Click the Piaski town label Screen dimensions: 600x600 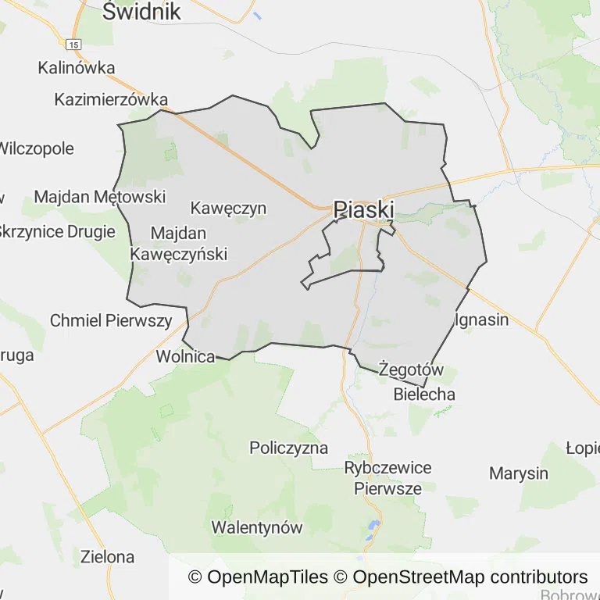tap(363, 209)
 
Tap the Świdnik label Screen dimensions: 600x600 tap(141, 12)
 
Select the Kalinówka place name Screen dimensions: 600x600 tap(77, 68)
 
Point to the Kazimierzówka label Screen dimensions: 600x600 tap(111, 100)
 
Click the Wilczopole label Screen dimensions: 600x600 tap(37, 148)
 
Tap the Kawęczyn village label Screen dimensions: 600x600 tap(228, 209)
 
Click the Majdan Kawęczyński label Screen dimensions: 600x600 tap(178, 244)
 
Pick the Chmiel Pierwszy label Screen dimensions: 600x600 tap(111, 320)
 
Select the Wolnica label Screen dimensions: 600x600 tap(185, 357)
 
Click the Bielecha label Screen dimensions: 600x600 tap(424, 394)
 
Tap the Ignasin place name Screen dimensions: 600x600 tap(481, 320)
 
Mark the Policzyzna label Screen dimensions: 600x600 tap(288, 448)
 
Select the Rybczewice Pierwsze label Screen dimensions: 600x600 tap(387, 478)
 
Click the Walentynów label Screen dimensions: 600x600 tap(256, 527)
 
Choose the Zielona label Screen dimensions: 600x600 tap(108, 557)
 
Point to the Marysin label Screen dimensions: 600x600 tap(519, 473)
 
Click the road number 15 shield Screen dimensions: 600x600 tap(73, 45)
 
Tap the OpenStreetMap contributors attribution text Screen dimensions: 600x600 tap(470, 577)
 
